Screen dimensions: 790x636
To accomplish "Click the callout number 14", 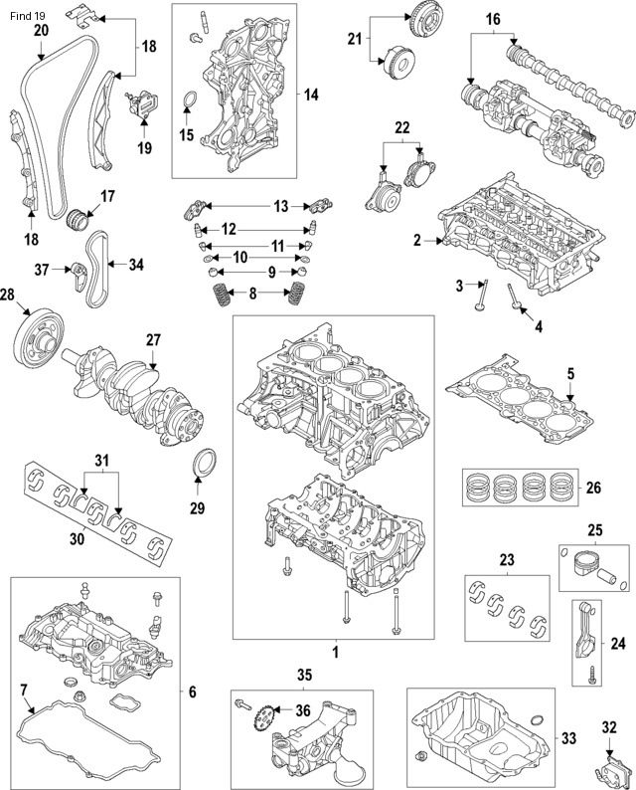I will pos(311,96).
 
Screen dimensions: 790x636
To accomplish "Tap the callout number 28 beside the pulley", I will pos(8,295).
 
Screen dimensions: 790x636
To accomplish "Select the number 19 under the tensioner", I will pos(144,148).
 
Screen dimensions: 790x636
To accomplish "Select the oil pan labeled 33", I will pos(478,740).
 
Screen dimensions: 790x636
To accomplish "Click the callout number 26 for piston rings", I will pos(593,488).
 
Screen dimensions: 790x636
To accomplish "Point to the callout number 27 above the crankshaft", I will pos(153,340).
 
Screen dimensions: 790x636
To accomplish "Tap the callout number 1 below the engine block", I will pos(335,653).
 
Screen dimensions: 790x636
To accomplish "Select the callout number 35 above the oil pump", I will pos(304,675).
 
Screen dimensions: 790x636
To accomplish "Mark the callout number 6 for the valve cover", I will pos(192,692).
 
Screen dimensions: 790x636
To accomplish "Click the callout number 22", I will pos(401,128).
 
